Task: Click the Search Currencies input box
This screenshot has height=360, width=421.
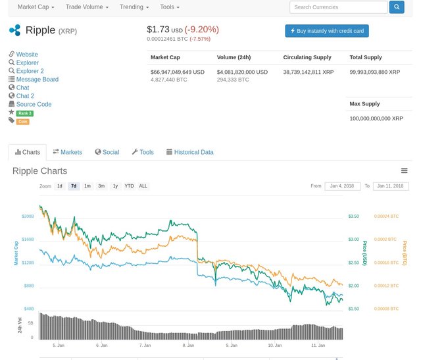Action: tap(338, 7)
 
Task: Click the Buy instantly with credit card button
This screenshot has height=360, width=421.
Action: tap(327, 31)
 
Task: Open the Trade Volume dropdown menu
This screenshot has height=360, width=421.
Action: tap(87, 7)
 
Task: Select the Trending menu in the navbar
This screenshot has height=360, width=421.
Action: tap(134, 7)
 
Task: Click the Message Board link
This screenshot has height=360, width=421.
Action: tap(37, 80)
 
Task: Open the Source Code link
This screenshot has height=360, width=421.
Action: tap(34, 104)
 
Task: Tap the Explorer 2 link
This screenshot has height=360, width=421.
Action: tap(30, 71)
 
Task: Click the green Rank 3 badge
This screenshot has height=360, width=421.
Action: tap(24, 113)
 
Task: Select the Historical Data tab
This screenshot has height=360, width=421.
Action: tap(189, 152)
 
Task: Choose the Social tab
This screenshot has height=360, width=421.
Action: tap(107, 152)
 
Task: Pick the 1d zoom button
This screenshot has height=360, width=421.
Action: tap(60, 186)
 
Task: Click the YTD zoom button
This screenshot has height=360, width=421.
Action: tap(129, 186)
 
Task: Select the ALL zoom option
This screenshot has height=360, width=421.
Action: tap(143, 186)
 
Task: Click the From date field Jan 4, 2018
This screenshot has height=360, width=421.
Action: tap(342, 186)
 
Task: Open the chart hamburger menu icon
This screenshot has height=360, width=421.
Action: tap(404, 171)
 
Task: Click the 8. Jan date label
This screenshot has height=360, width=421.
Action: tap(188, 345)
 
